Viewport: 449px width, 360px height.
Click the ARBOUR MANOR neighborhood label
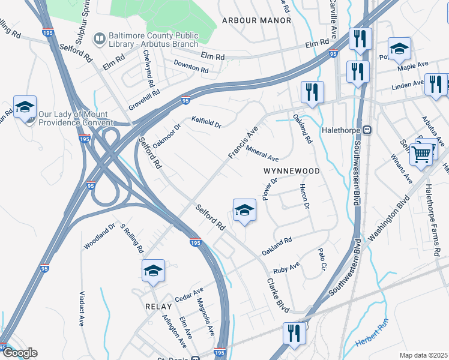coord(256,20)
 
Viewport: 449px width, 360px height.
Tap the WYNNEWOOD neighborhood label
coord(291,171)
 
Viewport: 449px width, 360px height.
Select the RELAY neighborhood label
coord(159,306)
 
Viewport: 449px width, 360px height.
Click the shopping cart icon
coord(421,154)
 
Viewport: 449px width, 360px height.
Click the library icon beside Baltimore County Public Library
coord(98,39)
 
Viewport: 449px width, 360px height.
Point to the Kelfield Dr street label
coord(206,122)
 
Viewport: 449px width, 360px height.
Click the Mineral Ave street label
coord(262,154)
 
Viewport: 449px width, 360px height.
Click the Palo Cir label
coord(324,258)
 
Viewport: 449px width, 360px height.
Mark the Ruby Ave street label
coord(286,267)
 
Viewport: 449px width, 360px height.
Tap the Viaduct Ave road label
coord(82,308)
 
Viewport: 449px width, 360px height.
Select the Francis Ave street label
coord(243,142)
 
